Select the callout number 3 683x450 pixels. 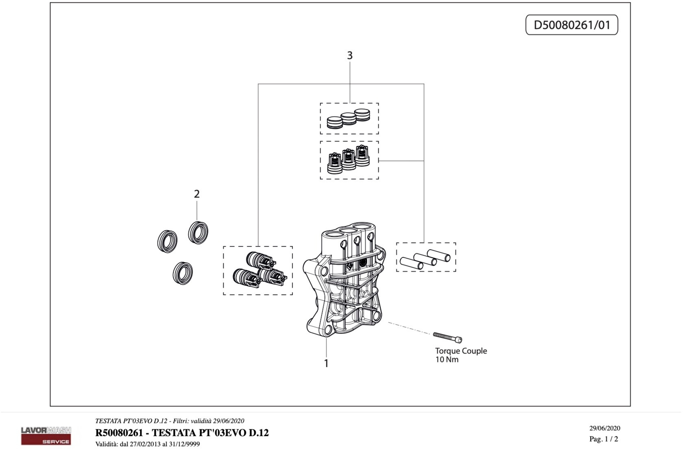(349, 55)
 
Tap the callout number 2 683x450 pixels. (197, 194)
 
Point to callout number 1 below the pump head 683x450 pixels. (326, 363)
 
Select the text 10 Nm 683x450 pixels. (447, 360)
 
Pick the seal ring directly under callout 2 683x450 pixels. (198, 233)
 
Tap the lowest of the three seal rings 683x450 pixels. (183, 273)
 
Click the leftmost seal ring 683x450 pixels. (167, 241)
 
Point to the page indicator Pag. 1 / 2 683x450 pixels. (603, 439)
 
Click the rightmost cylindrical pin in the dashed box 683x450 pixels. (438, 255)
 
